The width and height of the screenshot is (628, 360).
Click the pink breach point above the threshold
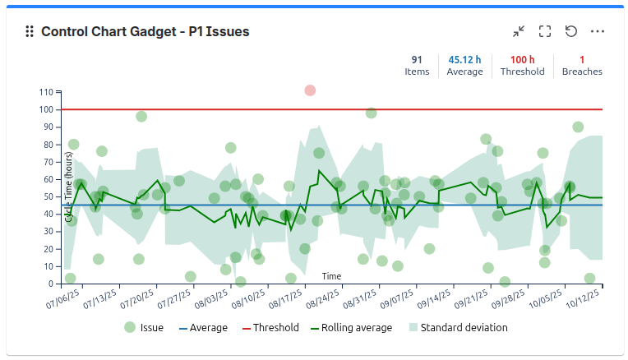point(310,90)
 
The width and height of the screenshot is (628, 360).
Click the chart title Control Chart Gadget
point(145,31)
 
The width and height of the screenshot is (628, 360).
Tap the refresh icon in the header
point(571,31)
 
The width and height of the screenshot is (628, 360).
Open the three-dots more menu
point(598,31)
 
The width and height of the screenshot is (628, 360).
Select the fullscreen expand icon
point(545,31)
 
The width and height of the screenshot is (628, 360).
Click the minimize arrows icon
point(519,31)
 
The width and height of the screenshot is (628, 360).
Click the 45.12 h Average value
point(464,59)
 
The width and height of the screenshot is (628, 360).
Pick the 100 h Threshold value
point(522,59)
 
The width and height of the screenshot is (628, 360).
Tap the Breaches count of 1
point(582,59)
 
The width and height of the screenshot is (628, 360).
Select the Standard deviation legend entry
point(457,327)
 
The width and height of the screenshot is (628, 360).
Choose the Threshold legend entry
point(270,327)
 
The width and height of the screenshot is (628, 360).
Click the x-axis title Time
point(331,276)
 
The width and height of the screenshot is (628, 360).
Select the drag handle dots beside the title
point(30,31)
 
